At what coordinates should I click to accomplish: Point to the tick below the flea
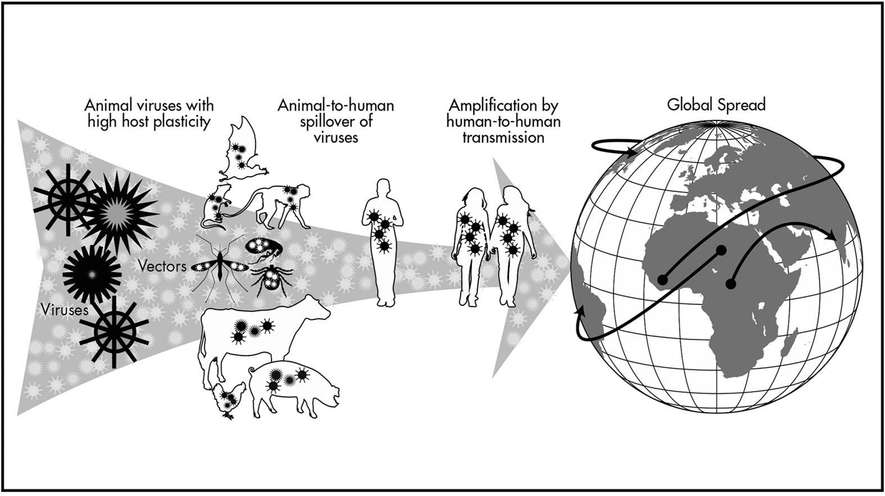(x=270, y=281)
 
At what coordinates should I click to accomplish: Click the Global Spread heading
(x=716, y=105)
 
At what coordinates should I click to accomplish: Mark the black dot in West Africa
(x=662, y=278)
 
